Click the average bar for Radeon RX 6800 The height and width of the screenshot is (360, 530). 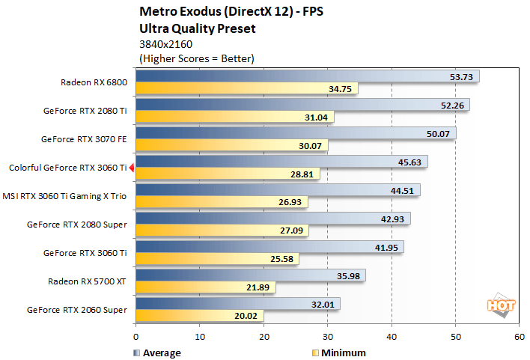coord(307,76)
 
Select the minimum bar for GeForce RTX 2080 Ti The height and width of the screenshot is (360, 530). coord(234,118)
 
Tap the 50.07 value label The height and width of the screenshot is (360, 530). coord(436,133)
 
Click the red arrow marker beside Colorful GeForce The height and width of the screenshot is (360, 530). coord(132,168)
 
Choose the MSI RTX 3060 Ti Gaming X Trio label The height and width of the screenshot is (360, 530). coord(68,195)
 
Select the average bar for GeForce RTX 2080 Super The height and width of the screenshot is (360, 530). coord(272,219)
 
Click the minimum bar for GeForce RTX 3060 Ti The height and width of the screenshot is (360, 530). coord(217,259)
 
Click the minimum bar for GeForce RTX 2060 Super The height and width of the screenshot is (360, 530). coord(199,316)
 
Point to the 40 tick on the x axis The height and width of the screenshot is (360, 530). coord(392,337)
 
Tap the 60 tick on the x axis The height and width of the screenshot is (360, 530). coord(519,337)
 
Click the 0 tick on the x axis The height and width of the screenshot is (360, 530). coord(135,337)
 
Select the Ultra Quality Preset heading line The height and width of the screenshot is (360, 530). coord(198,29)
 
